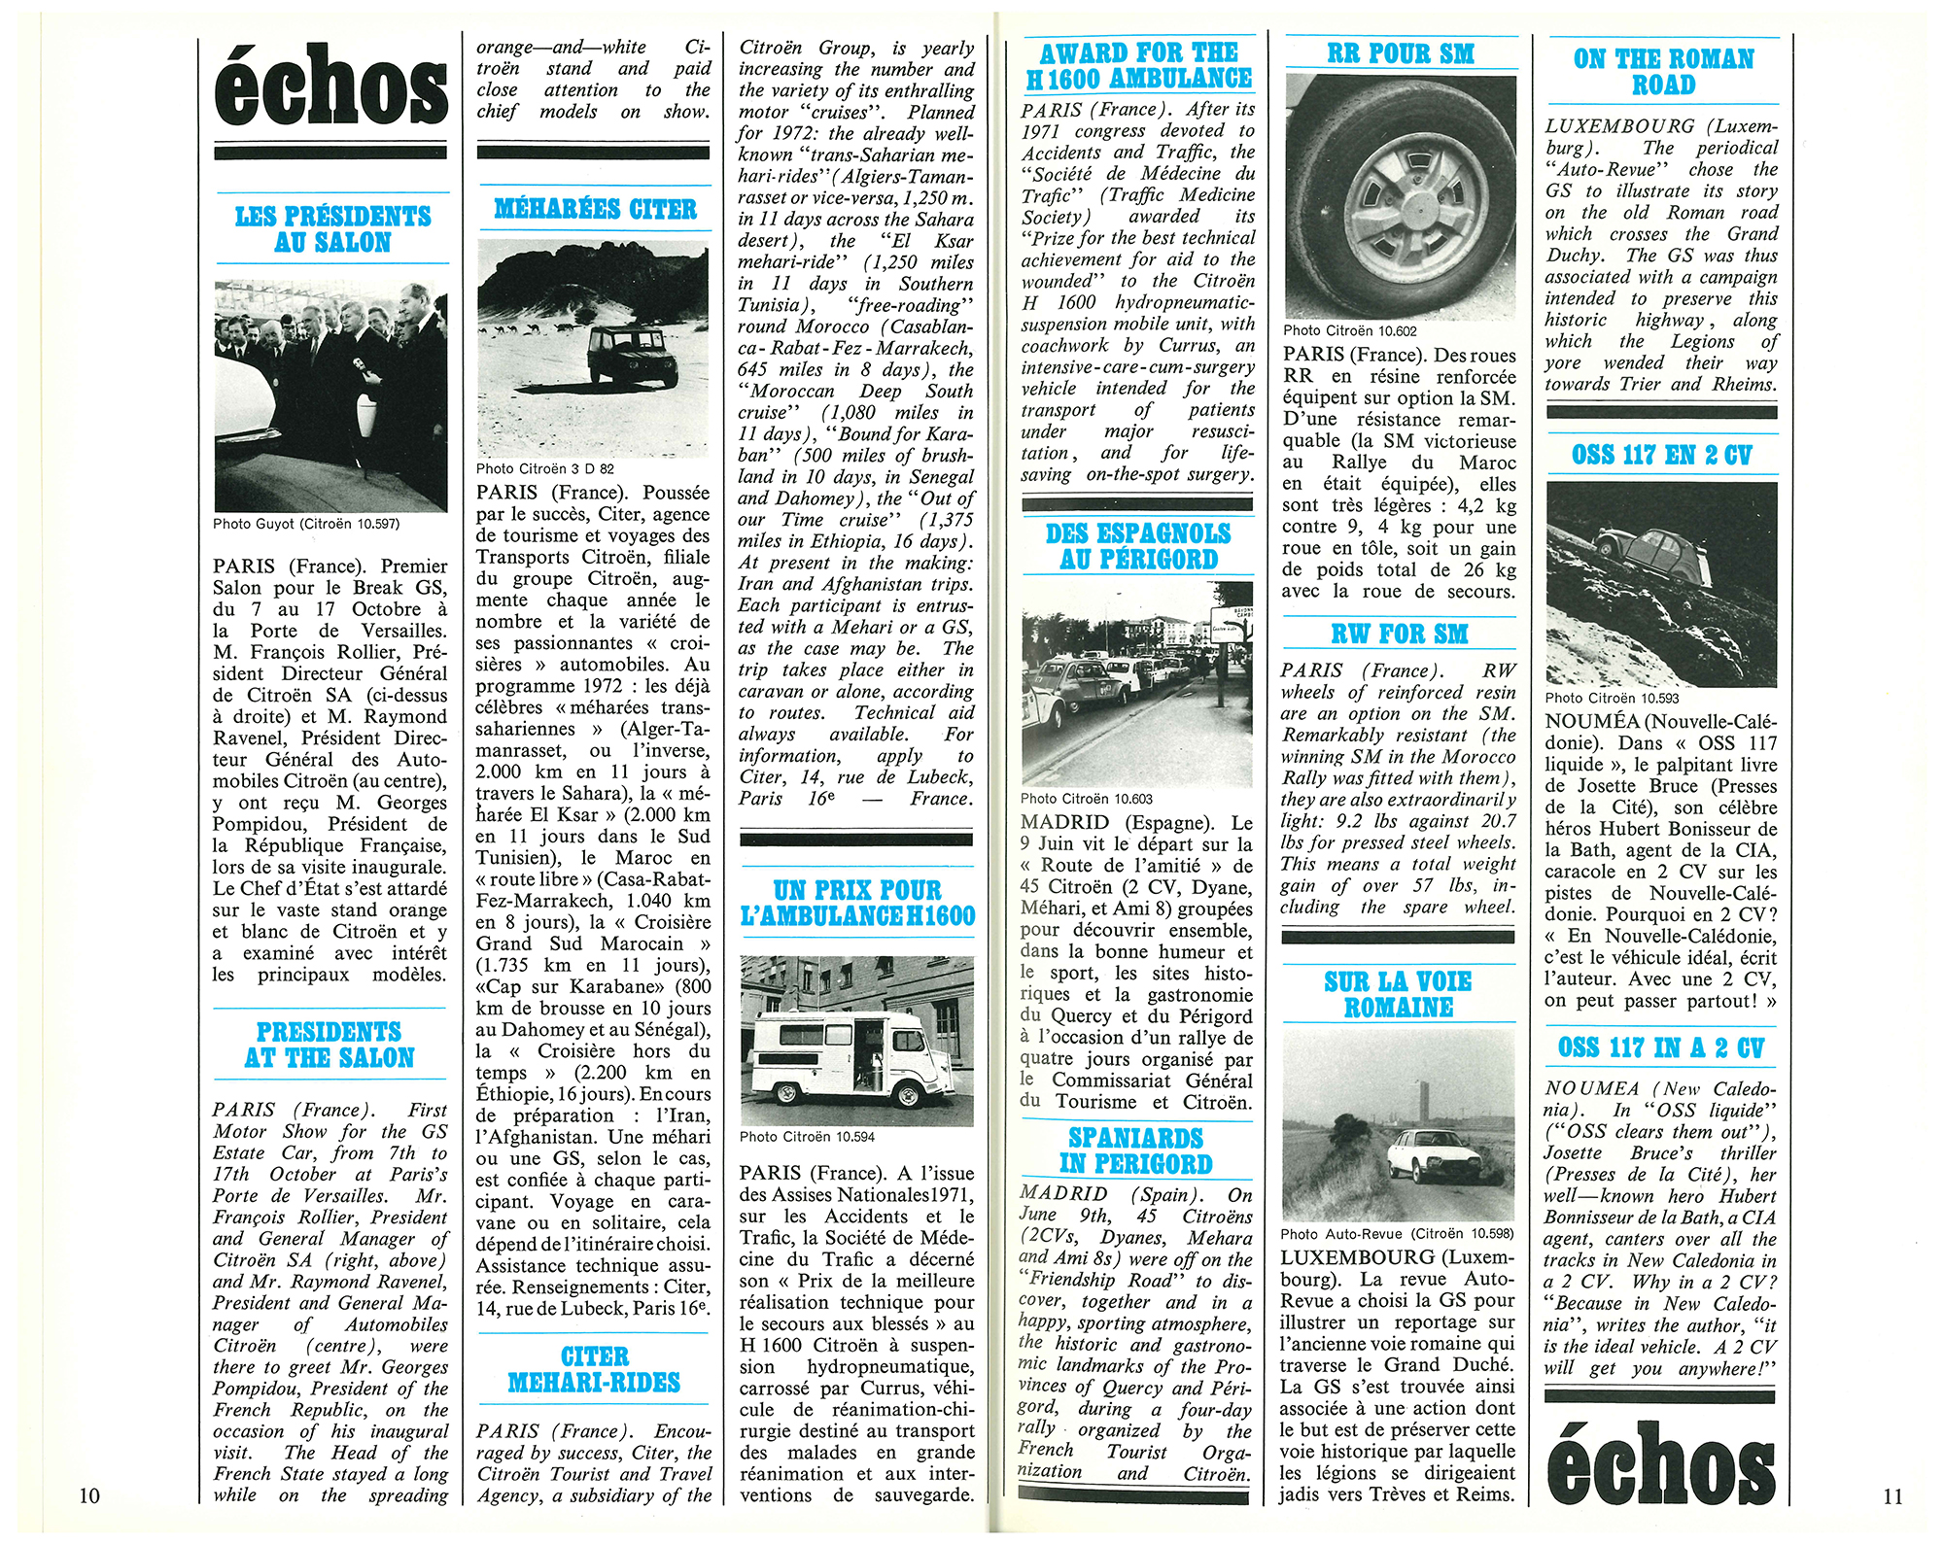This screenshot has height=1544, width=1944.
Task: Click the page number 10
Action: (88, 1495)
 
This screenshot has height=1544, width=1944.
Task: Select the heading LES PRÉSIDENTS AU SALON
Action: (332, 229)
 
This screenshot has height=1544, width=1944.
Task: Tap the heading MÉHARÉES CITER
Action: (595, 209)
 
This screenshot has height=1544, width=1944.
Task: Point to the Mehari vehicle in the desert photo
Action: (628, 355)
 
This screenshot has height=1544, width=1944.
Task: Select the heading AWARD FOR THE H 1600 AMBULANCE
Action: (1138, 65)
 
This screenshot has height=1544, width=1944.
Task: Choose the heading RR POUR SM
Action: (1400, 53)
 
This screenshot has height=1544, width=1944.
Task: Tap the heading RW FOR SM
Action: (1399, 635)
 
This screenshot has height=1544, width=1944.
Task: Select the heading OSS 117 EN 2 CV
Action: (1661, 455)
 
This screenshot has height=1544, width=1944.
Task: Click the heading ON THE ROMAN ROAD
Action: (1663, 72)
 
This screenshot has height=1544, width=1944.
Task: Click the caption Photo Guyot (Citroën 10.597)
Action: (306, 524)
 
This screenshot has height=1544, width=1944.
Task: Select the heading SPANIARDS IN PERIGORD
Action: (1135, 1150)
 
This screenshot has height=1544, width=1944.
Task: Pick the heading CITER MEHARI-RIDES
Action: (594, 1369)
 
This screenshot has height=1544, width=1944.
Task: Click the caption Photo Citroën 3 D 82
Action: (545, 468)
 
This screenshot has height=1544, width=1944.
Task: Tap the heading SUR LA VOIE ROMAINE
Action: (1398, 994)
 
